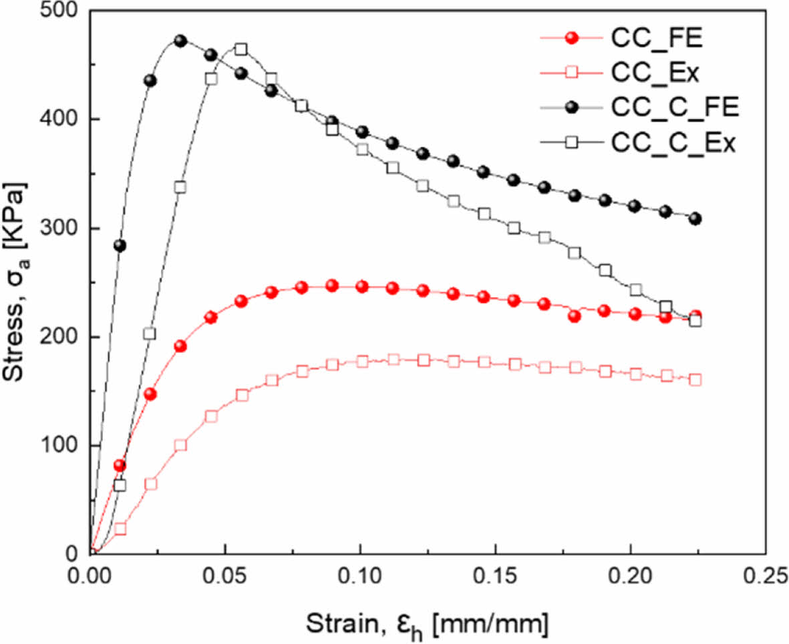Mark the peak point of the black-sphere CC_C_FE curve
click(180, 41)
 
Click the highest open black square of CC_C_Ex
click(241, 49)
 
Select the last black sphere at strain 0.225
click(695, 219)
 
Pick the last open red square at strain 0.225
click(695, 380)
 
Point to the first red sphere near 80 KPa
click(120, 465)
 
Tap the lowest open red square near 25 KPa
click(120, 529)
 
